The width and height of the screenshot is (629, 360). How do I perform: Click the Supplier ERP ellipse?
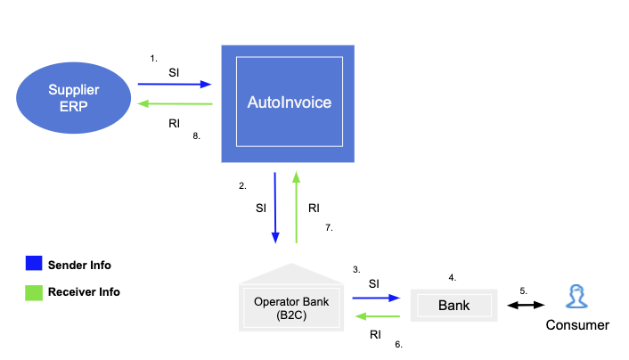click(x=72, y=97)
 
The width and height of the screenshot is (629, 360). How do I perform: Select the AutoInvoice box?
click(x=288, y=103)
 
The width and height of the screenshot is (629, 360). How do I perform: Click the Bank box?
click(x=453, y=306)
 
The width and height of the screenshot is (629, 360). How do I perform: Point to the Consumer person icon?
click(x=576, y=297)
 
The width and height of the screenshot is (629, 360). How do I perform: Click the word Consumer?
click(x=576, y=325)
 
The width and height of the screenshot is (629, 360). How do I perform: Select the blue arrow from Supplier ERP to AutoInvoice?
click(x=175, y=85)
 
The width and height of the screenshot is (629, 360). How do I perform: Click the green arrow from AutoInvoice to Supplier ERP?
click(x=175, y=105)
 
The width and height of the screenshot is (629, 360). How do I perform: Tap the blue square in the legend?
click(x=33, y=265)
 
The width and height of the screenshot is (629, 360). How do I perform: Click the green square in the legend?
click(x=33, y=291)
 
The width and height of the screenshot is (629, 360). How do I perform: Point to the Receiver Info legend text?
click(x=85, y=291)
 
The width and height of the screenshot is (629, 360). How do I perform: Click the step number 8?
click(x=197, y=136)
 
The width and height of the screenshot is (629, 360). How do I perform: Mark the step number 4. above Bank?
click(x=453, y=277)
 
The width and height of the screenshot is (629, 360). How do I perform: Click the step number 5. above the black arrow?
click(x=524, y=290)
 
